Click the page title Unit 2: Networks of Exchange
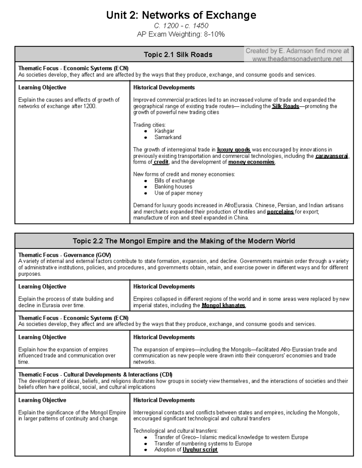pyautogui.click(x=181, y=15)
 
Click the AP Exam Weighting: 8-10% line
pyautogui.click(x=181, y=34)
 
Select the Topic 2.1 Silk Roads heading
pyautogui.click(x=178, y=55)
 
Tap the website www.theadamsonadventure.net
pyautogui.click(x=297, y=59)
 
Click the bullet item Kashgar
pyautogui.click(x=164, y=131)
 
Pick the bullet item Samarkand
pyautogui.click(x=168, y=137)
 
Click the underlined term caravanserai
pyautogui.click(x=332, y=156)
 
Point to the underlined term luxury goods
pyautogui.click(x=233, y=150)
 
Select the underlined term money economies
pyautogui.click(x=251, y=162)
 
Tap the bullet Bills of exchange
pyautogui.click(x=174, y=181)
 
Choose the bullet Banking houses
pyautogui.click(x=173, y=187)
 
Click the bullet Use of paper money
pyautogui.click(x=178, y=193)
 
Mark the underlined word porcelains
pyautogui.click(x=280, y=212)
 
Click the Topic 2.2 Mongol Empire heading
pyautogui.click(x=184, y=241)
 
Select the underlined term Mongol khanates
pyautogui.click(x=223, y=305)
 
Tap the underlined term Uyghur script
pyautogui.click(x=200, y=450)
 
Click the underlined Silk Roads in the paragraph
pyautogui.click(x=285, y=106)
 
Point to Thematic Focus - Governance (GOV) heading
pyautogui.click(x=65, y=255)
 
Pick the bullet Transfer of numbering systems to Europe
pyautogui.click(x=203, y=443)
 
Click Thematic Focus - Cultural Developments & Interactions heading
pyautogui.click(x=95, y=375)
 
